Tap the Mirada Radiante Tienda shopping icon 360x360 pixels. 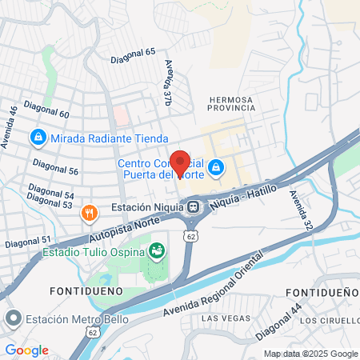(x=37, y=138)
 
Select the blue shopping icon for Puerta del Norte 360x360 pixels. (x=215, y=168)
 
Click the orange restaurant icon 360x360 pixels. (x=89, y=214)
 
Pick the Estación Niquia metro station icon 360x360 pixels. (x=194, y=207)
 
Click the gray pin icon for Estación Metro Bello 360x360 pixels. (x=13, y=320)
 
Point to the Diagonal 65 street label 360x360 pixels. (x=139, y=51)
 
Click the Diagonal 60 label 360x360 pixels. (x=47, y=109)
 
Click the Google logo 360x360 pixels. (x=26, y=350)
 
